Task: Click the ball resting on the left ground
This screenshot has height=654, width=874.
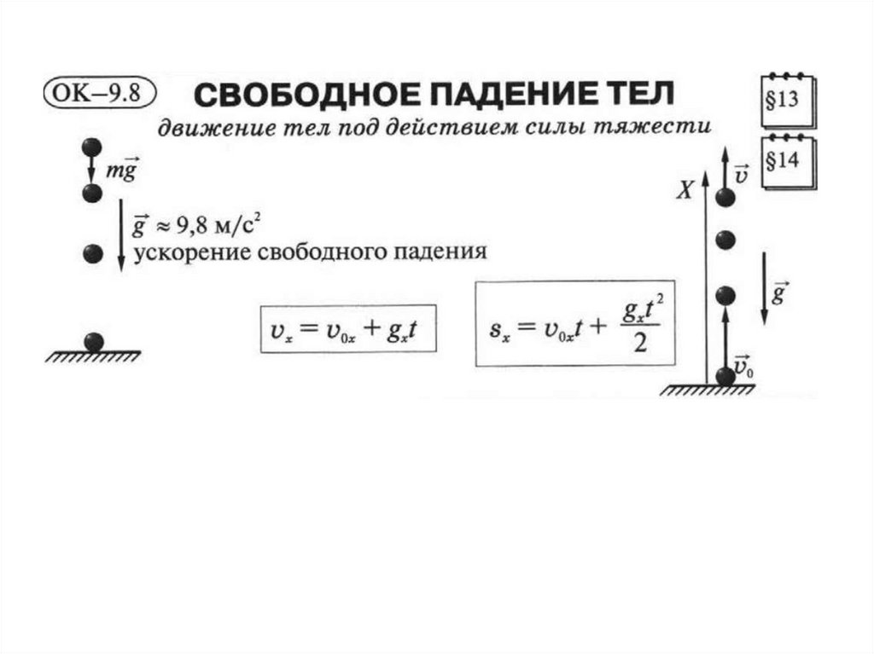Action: (93, 342)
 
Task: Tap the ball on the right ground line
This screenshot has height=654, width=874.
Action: (725, 374)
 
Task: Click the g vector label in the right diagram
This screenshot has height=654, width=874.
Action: (778, 293)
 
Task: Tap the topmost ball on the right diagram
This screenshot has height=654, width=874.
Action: (725, 198)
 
